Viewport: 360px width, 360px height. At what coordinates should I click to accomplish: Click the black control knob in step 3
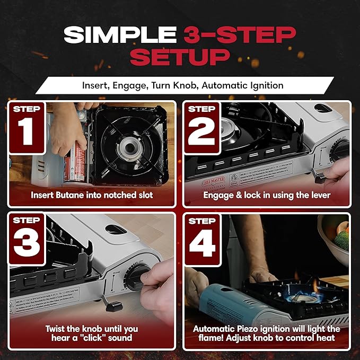coord(138,277)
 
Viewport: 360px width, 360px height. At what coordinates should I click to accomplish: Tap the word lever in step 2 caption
coord(319,195)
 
